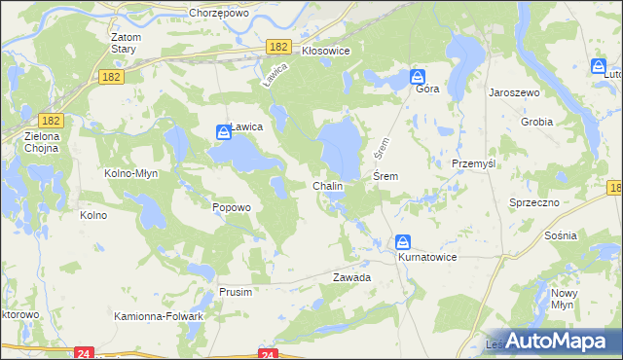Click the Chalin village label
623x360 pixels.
(327, 186)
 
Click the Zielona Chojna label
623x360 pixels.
(43, 143)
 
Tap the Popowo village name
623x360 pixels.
(232, 207)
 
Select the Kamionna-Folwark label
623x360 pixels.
(159, 317)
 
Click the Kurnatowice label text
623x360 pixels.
(427, 257)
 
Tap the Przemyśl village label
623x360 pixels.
(474, 164)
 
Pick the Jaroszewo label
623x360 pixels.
(515, 91)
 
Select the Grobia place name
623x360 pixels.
(536, 123)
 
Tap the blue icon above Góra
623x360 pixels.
(418, 76)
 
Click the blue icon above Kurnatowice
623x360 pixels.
(403, 242)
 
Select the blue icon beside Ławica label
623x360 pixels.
(223, 130)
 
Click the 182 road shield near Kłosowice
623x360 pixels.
(279, 47)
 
